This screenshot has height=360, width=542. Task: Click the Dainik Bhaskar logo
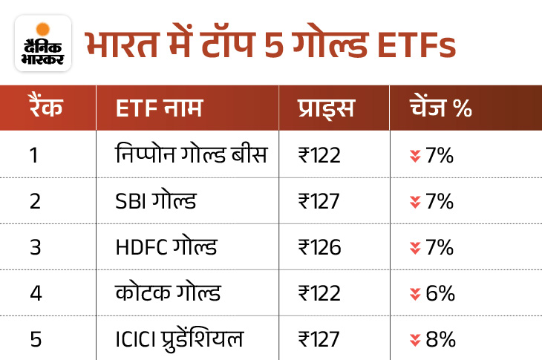click(42, 42)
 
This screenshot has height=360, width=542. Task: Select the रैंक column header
click(47, 108)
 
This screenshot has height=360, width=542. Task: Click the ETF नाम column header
click(159, 108)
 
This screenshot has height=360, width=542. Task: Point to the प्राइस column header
click(326, 108)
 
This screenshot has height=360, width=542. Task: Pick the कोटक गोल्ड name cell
click(163, 293)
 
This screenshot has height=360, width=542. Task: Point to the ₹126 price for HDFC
click(319, 247)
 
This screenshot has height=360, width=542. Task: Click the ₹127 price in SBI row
click(319, 202)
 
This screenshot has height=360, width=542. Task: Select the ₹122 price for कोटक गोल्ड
click(319, 293)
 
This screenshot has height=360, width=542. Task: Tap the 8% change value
click(440, 339)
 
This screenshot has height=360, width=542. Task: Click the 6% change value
click(440, 293)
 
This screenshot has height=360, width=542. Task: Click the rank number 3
click(34, 247)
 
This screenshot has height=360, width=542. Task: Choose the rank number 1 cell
click(34, 156)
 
